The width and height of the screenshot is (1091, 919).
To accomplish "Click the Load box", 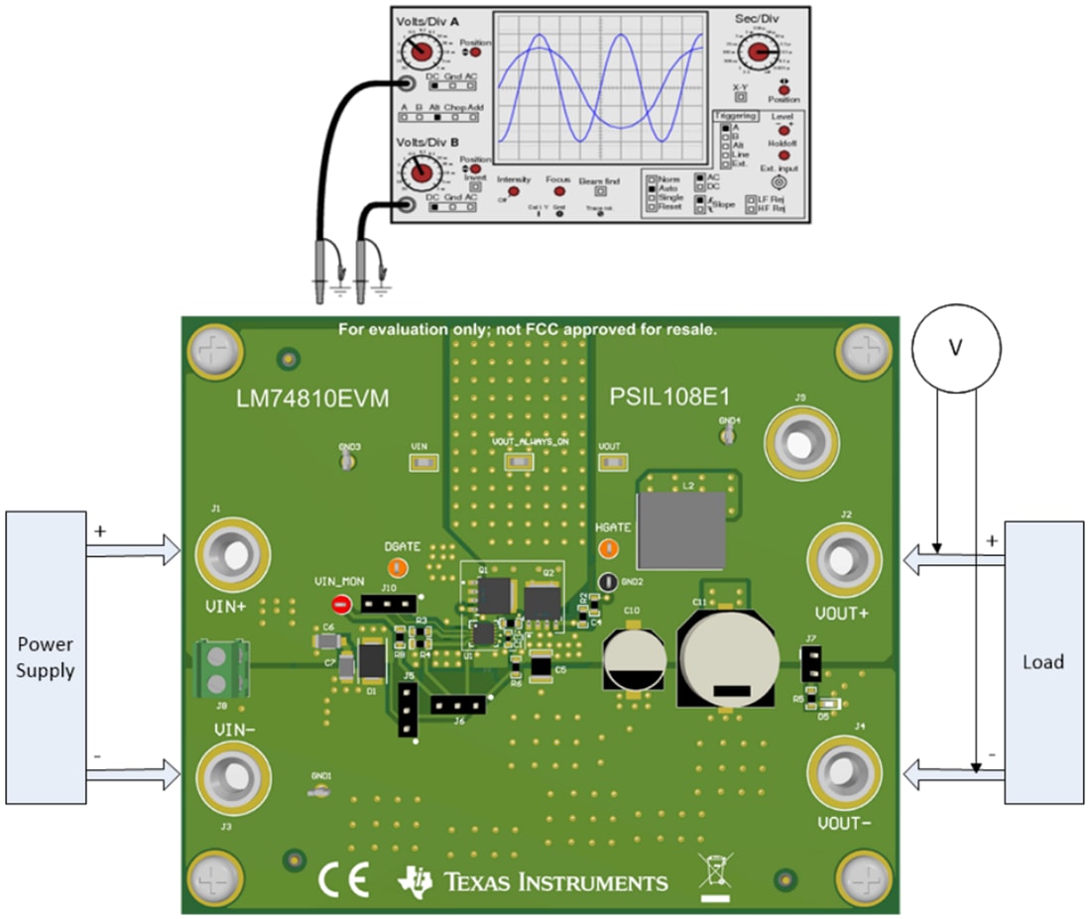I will click(1043, 661).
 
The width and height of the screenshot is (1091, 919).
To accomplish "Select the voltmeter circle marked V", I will click(955, 347).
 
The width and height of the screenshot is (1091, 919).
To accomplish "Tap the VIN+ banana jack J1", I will click(234, 551).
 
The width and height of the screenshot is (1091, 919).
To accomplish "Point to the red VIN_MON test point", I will click(340, 604).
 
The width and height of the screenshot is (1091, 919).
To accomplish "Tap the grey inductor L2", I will click(680, 530).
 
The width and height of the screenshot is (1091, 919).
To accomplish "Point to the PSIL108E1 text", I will click(670, 399).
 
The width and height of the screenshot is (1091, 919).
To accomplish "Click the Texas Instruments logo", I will click(534, 880).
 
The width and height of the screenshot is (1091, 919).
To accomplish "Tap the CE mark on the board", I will click(343, 879).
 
